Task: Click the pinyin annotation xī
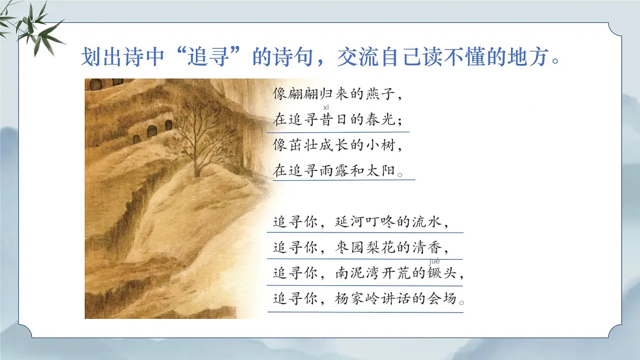point(326,108)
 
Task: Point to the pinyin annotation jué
point(434,261)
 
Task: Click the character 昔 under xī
point(326,120)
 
